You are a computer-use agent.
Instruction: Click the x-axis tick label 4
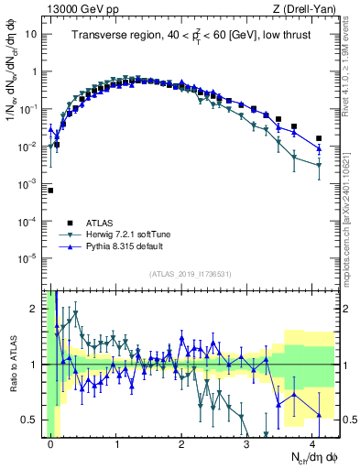[x=312, y=442]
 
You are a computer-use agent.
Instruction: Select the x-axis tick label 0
[x=50, y=442]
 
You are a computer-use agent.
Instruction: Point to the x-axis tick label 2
[x=181, y=442]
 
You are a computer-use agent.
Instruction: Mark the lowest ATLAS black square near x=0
[x=50, y=191]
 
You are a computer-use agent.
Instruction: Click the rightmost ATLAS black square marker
[x=318, y=138]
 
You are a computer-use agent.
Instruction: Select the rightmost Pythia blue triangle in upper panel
[x=318, y=148]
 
